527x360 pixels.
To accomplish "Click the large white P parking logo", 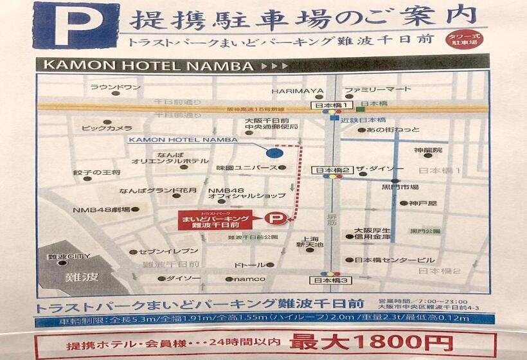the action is coord(76,25).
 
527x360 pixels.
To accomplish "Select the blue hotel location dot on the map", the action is coord(274,152).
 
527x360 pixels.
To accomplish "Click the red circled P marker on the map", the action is coord(274,219).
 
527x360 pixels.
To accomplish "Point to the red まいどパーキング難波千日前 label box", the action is coord(217,220).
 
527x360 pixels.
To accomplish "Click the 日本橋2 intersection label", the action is coord(332,170).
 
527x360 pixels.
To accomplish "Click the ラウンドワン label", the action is coord(115,87).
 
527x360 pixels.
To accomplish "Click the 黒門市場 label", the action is coord(405,187).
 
